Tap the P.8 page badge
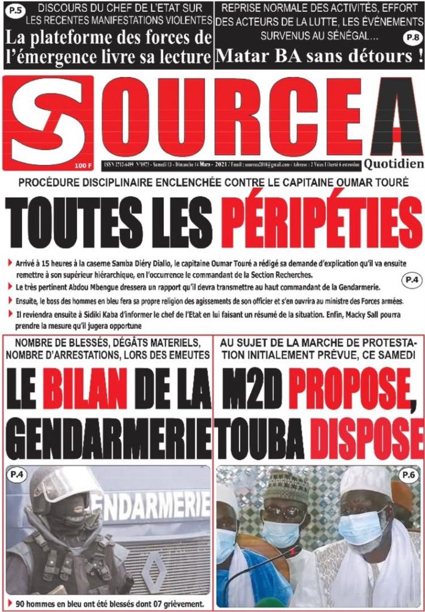coord(412,38)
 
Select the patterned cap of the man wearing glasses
coord(285,481)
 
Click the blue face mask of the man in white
coord(360,526)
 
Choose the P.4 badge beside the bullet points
coord(411,279)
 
